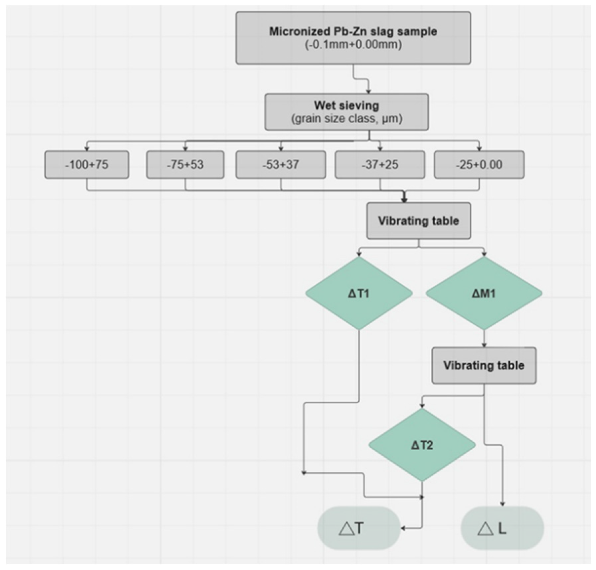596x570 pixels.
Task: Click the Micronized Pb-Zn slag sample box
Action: tap(353, 38)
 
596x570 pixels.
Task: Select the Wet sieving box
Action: tap(346, 112)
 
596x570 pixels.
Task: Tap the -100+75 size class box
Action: tap(87, 165)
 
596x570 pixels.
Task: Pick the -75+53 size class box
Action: tap(185, 165)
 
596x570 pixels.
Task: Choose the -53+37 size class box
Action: tap(281, 165)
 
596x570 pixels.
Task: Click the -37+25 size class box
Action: tap(380, 165)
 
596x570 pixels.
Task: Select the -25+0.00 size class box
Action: tap(479, 165)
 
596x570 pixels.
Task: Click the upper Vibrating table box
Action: tap(418, 221)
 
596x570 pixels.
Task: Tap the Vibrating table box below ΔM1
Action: tap(483, 365)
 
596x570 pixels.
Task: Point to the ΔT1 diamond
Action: tap(359, 293)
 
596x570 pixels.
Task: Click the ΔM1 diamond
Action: tap(483, 293)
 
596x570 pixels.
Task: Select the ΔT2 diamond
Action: tap(422, 445)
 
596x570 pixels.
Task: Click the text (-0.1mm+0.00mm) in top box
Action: tap(353, 44)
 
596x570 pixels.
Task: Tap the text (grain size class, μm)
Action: tap(346, 118)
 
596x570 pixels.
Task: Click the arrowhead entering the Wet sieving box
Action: tap(368, 91)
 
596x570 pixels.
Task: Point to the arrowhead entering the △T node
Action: tap(403, 528)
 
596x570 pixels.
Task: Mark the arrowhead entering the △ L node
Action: tap(502, 504)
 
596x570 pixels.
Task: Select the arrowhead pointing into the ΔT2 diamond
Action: tap(422, 406)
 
